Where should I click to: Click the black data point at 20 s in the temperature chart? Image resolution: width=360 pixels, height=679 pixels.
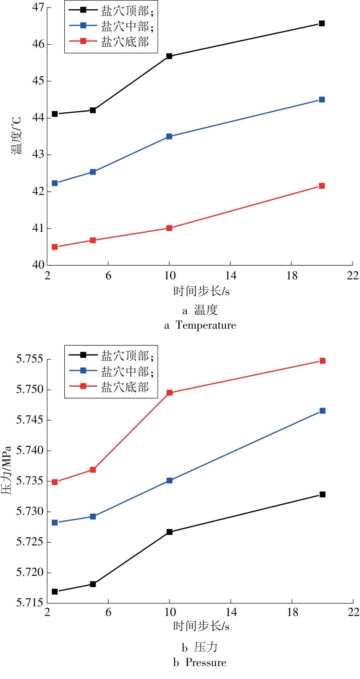coord(322,23)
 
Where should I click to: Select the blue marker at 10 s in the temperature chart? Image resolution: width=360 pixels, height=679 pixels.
coord(169,137)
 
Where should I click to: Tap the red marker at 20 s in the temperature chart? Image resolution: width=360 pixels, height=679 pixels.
coord(322,186)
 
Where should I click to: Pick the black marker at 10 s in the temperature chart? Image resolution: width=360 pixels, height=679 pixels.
coord(169,56)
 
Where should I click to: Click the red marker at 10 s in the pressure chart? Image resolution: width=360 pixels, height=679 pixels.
coord(170,393)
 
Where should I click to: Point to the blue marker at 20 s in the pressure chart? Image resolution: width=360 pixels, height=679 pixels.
coord(322,411)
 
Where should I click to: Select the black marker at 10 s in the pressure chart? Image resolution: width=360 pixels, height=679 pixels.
coord(170,532)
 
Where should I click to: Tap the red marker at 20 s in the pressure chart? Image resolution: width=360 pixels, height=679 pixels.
coord(322,361)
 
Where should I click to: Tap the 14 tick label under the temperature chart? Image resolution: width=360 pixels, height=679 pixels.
coord(230,276)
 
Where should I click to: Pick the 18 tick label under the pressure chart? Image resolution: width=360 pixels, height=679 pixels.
coord(292,612)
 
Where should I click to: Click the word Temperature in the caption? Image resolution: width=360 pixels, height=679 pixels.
coord(205,325)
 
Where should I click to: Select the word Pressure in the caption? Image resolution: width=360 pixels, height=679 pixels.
coord(205,663)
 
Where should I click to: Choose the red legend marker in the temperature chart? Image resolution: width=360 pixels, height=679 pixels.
coord(83,41)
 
